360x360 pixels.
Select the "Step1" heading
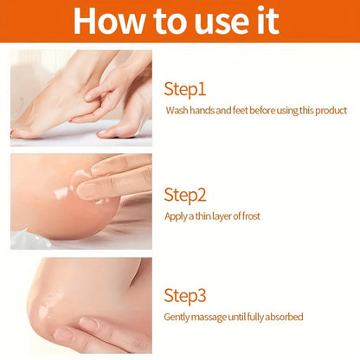tap(186, 88)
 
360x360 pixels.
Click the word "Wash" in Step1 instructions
tap(177, 111)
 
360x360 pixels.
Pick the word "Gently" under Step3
tap(179, 317)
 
